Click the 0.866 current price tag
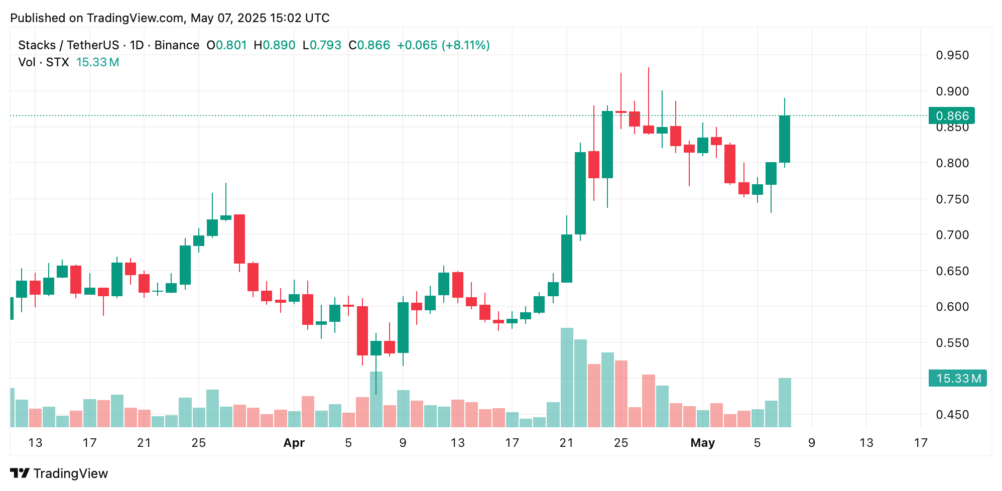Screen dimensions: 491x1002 951,116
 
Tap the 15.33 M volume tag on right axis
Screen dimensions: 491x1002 957,378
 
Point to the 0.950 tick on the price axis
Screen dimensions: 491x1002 952,55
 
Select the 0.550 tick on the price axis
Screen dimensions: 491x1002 952,343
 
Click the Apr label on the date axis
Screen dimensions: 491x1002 294,443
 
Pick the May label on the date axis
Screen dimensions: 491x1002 702,443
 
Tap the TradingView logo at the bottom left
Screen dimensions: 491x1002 59,473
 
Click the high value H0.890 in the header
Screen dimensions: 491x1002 274,45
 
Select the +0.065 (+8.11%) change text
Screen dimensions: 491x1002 443,45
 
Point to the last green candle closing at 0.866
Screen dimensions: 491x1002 784,139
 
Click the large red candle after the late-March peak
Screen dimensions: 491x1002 239,239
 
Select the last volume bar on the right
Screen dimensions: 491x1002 785,402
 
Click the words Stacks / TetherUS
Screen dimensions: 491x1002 68,45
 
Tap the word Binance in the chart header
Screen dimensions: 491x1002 177,45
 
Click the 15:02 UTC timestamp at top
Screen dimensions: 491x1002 299,18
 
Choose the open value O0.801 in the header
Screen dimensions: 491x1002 226,45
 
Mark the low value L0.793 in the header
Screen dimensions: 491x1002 322,45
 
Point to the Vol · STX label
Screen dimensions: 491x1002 44,62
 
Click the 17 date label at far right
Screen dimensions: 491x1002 920,443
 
